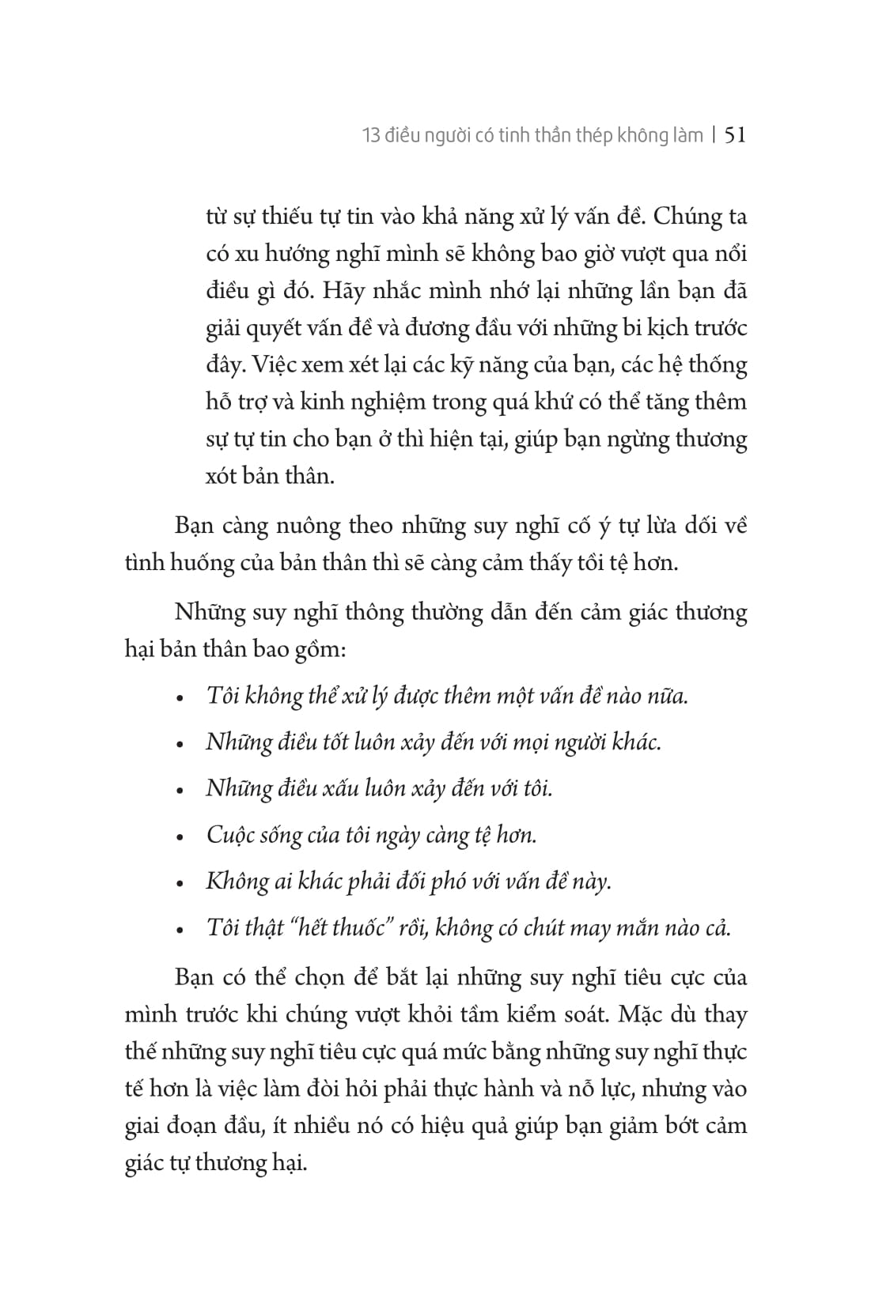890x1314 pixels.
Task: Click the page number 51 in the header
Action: [x=735, y=135]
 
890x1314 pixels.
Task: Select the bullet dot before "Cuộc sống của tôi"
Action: [x=180, y=836]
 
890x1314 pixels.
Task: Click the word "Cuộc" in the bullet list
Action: [x=229, y=835]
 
